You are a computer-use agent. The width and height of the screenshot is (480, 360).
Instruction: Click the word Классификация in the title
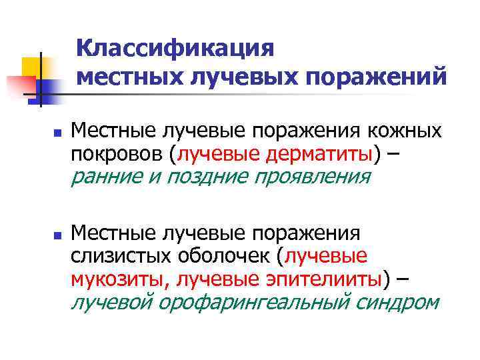(x=175, y=49)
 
